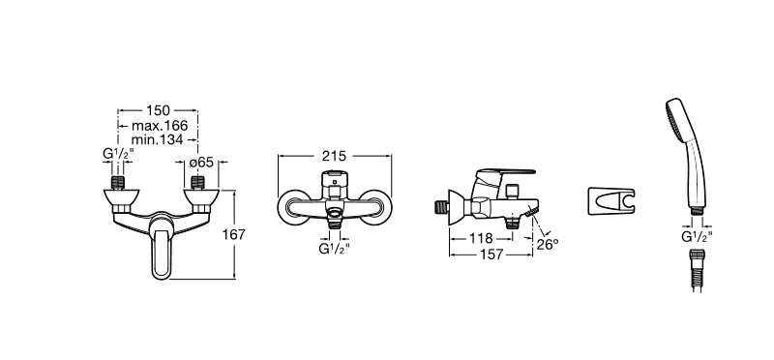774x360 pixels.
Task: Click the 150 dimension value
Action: pyautogui.click(x=158, y=110)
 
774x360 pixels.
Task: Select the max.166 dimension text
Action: pyautogui.click(x=160, y=126)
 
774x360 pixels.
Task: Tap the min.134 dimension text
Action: pyautogui.click(x=157, y=139)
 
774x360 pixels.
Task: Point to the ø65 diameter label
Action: pyautogui.click(x=201, y=162)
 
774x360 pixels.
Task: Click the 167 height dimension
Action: pyautogui.click(x=233, y=234)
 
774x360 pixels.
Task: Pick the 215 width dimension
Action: pyautogui.click(x=334, y=156)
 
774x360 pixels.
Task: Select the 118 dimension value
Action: pyautogui.click(x=481, y=238)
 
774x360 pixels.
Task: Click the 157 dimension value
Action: pyautogui.click(x=491, y=255)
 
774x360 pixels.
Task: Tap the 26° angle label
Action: pyautogui.click(x=548, y=244)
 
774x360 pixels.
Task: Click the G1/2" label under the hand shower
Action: pyautogui.click(x=697, y=237)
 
